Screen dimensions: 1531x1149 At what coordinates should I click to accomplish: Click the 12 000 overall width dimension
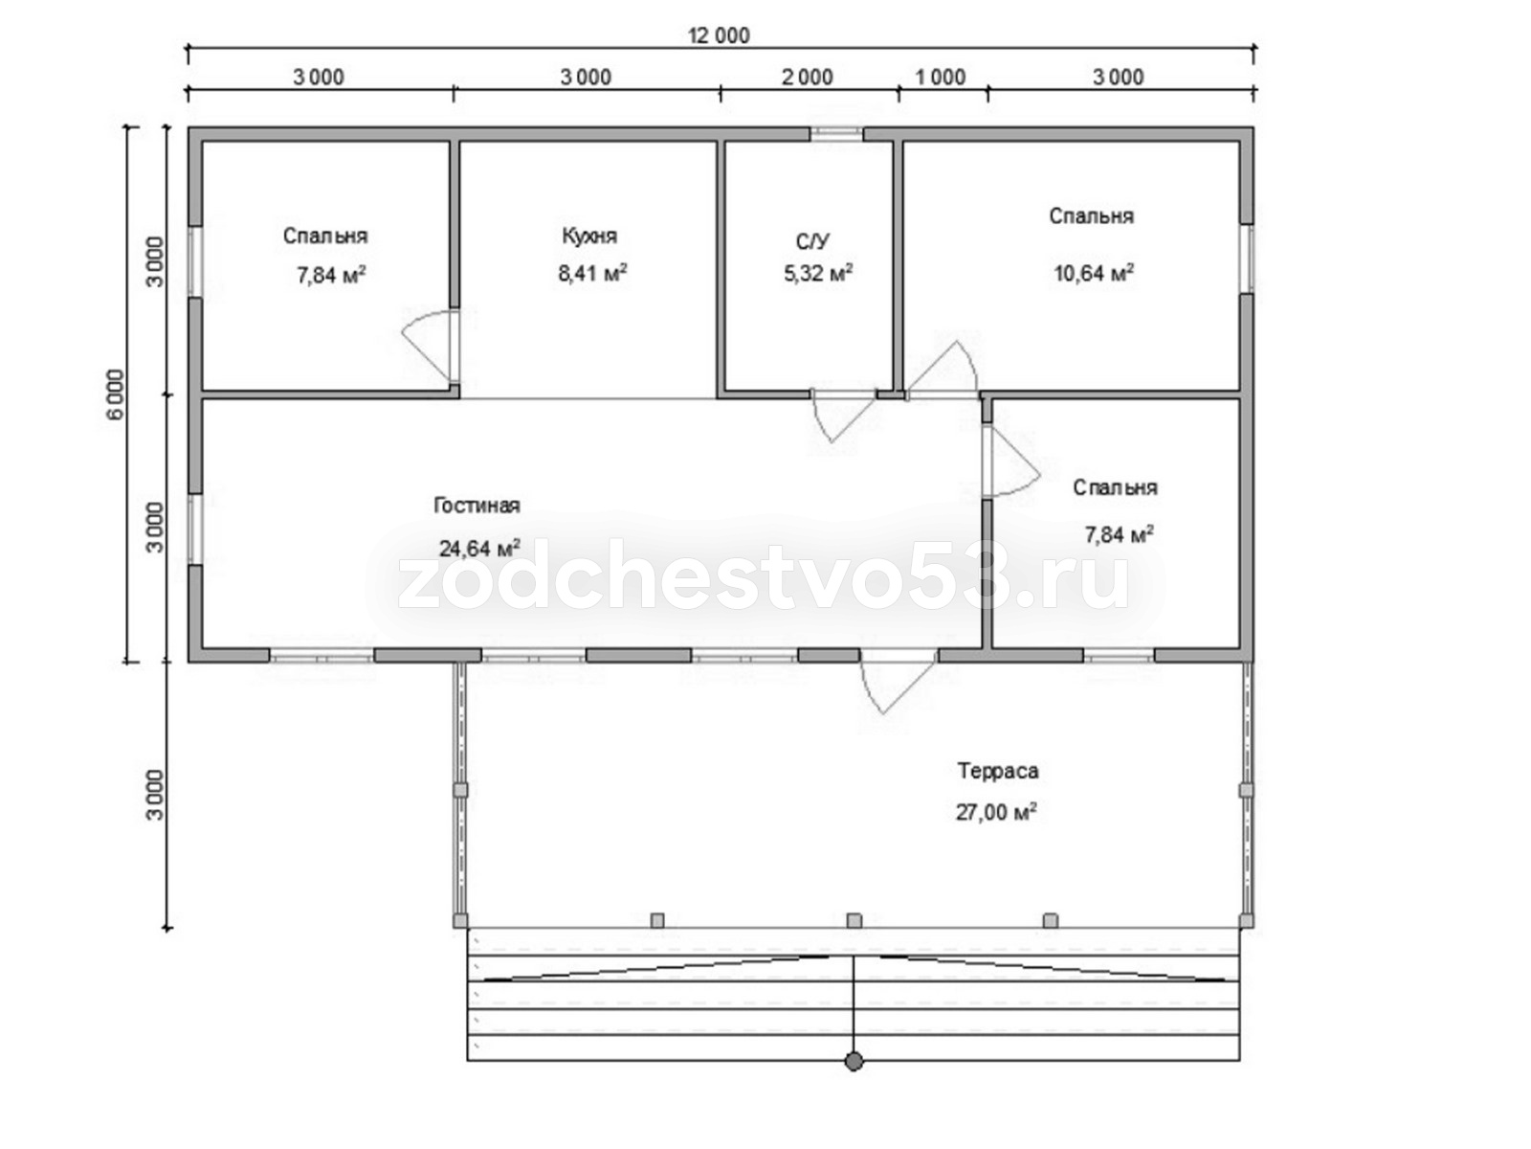pos(720,35)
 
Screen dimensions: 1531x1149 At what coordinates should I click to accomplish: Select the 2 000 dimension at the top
pos(807,78)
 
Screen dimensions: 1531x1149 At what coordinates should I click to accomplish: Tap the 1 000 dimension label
pos(941,78)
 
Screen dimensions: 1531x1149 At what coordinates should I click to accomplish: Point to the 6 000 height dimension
pos(116,394)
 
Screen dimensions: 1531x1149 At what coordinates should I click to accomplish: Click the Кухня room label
pos(589,236)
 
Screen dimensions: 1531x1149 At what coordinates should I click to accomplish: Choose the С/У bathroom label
pos(812,242)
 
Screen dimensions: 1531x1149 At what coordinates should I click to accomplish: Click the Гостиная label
pos(477,506)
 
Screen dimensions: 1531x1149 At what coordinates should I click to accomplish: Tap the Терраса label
pos(997,771)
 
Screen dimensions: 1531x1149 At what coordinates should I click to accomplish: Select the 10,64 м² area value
pos(1093,272)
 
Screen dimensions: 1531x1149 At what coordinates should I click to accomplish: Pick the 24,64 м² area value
pos(479,548)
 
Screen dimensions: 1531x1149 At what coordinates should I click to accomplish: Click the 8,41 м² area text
pos(592,272)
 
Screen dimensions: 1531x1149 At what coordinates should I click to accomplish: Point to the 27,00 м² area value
pos(995,812)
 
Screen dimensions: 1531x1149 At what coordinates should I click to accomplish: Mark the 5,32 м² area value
pos(818,273)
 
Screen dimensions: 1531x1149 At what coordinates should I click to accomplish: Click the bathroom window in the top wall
pos(836,134)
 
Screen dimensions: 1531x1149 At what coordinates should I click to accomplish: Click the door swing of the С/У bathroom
pos(844,417)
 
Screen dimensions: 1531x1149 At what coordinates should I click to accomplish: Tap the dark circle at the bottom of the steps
pos(854,1062)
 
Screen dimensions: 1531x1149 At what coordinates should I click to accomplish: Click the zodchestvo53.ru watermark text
pos(763,585)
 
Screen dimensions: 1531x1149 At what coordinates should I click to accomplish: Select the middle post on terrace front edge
pos(854,921)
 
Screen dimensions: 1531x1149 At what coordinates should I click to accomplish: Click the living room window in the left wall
pos(195,529)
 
